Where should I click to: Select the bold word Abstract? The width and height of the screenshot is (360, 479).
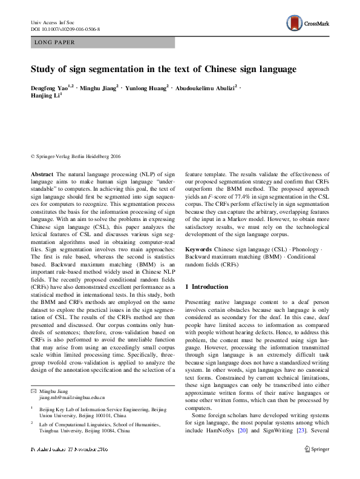tap(43, 174)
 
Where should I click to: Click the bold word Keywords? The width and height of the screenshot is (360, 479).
tap(198, 249)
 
